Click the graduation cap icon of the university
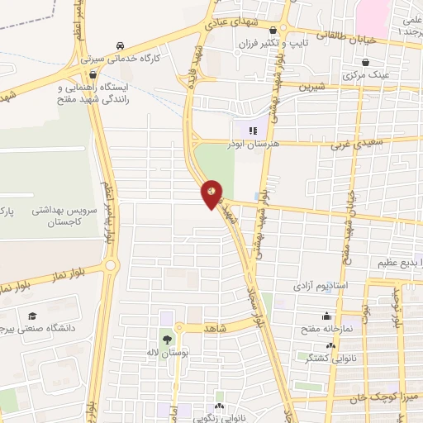point(32,316)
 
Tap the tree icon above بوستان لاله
point(168,340)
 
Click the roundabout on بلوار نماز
point(111,266)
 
